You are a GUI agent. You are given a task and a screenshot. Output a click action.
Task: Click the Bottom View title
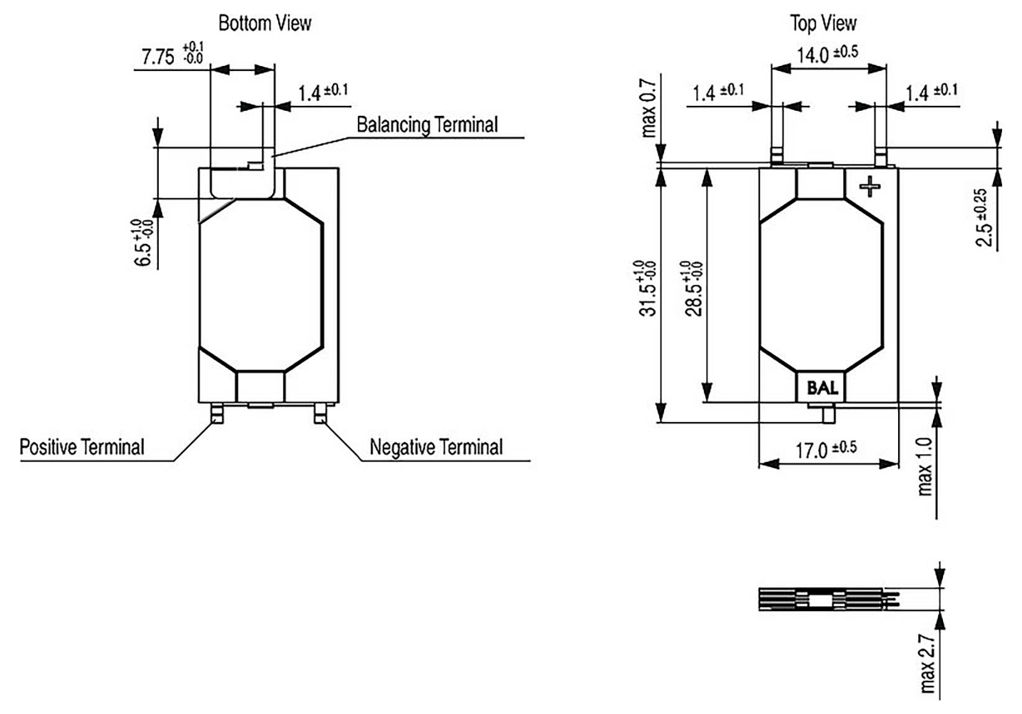(x=265, y=24)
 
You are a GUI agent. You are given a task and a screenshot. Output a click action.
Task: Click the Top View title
(x=823, y=24)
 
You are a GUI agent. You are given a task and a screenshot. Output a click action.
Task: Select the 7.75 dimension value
(x=158, y=57)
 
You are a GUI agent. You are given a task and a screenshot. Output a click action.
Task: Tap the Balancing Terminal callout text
(x=427, y=124)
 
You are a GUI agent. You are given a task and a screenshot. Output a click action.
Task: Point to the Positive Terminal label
(x=82, y=447)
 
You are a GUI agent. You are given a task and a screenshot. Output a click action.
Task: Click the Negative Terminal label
(x=436, y=447)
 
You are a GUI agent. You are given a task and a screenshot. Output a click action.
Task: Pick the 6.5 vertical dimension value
(x=143, y=243)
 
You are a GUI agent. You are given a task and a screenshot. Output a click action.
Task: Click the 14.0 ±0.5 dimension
(x=827, y=54)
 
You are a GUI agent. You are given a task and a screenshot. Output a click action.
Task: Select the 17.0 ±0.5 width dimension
(x=826, y=449)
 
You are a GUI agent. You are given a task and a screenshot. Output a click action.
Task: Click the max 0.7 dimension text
(x=649, y=108)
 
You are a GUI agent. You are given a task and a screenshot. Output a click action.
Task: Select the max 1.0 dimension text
(x=926, y=467)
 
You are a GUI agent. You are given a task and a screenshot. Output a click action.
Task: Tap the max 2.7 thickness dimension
(x=927, y=664)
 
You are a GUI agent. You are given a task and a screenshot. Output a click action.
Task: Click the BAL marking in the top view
(x=822, y=388)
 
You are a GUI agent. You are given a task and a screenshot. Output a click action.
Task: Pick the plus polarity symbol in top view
(x=870, y=186)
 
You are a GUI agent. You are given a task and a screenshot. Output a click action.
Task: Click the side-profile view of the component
(x=828, y=599)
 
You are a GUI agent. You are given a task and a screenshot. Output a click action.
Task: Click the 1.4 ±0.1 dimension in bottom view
(x=322, y=92)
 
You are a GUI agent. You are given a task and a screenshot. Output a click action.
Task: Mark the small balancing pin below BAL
(x=828, y=415)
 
